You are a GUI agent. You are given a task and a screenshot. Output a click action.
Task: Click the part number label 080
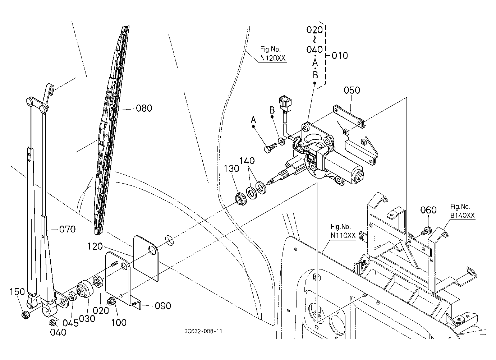point(144,108)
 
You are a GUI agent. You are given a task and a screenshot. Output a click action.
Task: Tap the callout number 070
point(67,229)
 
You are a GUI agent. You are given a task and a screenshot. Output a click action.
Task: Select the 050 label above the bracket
point(352,90)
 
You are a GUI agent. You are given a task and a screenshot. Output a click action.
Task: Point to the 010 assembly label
point(340,56)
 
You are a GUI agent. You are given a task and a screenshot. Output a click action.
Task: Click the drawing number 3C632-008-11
point(203,331)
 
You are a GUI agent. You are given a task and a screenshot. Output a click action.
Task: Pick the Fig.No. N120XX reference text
point(272,54)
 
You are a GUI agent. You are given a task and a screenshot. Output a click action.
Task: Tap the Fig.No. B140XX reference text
point(462,211)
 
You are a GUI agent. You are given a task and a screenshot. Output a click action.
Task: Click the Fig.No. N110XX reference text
point(343,231)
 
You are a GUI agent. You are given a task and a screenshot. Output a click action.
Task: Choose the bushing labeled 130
point(241,199)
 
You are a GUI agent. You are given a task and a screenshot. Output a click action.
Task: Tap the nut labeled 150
point(26,314)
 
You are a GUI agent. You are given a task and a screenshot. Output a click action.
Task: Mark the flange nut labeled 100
point(110,302)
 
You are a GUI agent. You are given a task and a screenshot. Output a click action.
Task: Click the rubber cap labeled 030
point(85,290)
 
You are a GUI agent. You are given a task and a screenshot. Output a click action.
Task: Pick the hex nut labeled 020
point(98,282)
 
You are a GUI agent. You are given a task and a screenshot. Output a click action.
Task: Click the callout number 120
point(95,246)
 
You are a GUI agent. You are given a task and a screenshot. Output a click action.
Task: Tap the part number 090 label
point(163,306)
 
